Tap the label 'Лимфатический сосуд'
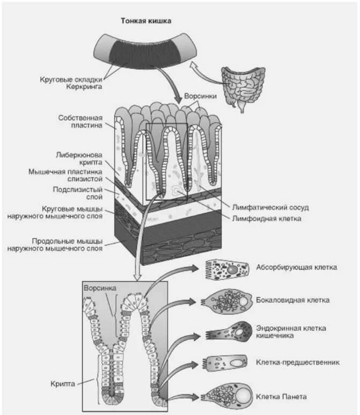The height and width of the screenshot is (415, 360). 270,207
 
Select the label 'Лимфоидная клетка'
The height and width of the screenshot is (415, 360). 267,219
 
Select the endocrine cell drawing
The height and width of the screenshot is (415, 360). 229,332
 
